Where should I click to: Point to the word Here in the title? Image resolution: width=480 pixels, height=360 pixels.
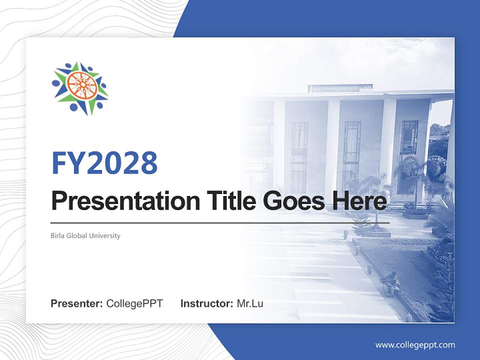359,201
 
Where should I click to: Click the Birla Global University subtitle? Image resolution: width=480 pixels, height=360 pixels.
85,235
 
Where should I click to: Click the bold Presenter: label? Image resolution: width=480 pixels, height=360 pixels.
76,303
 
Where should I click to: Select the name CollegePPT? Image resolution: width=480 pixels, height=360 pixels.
134,303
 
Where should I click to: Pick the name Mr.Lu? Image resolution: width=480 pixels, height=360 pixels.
249,303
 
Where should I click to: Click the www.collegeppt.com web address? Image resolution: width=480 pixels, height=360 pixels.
415,344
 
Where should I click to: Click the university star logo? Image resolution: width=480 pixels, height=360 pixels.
80,87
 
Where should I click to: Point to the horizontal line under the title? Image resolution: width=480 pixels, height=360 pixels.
220,223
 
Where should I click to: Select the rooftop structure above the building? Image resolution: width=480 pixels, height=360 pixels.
340,88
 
